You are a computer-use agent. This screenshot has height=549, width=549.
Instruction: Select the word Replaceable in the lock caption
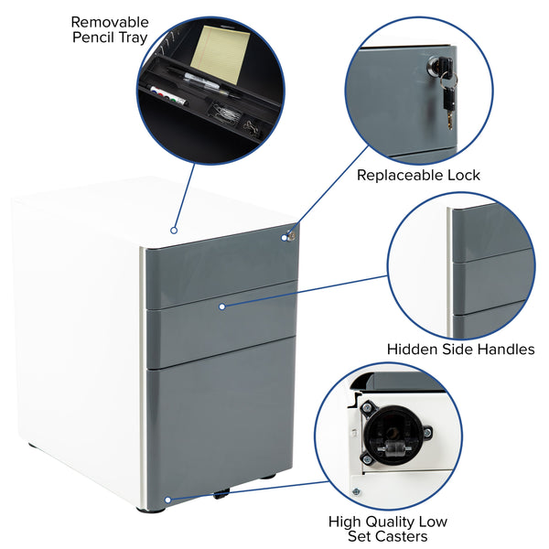(x=398, y=175)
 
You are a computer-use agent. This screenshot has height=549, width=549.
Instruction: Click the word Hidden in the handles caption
(x=412, y=349)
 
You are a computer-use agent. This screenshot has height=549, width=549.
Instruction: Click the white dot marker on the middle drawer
(x=221, y=307)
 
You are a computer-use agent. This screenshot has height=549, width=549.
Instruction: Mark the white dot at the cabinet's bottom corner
(x=167, y=500)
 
